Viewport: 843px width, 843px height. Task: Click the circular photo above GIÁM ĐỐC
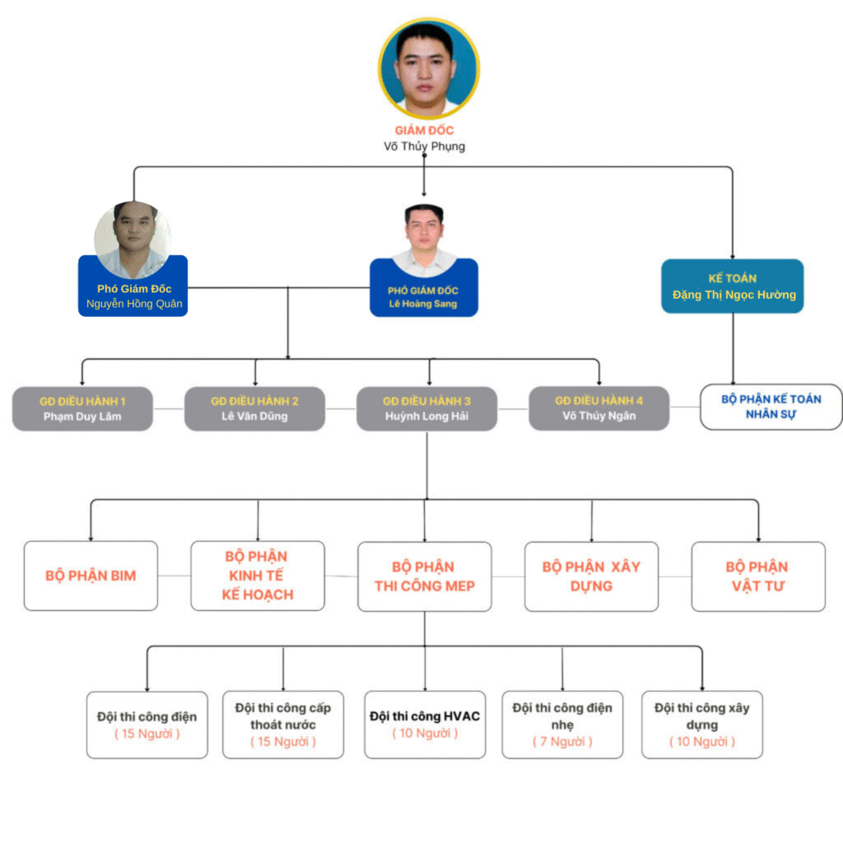[x=428, y=67]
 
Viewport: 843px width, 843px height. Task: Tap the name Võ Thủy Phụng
[x=424, y=147]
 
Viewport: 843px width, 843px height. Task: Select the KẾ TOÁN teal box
[x=732, y=286]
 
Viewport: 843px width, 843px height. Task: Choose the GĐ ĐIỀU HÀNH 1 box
[x=82, y=408]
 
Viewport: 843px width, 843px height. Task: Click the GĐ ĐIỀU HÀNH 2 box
[x=254, y=408]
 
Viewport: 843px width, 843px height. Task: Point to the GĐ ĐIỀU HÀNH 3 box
[x=426, y=408]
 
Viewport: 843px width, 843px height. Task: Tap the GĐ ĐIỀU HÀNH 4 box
[x=598, y=408]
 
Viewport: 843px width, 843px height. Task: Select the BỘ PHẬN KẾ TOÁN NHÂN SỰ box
[x=771, y=407]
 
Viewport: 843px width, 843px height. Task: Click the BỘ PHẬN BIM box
[x=91, y=575]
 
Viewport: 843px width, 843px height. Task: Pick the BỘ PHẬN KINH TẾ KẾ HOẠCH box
[x=258, y=575]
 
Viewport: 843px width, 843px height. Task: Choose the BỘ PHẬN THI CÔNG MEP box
[x=425, y=575]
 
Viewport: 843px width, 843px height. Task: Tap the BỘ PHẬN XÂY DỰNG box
[x=591, y=576]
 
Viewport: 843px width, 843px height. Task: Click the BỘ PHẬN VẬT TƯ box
[x=758, y=576]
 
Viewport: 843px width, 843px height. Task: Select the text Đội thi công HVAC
[x=425, y=716]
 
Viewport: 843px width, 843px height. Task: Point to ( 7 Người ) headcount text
[x=562, y=742]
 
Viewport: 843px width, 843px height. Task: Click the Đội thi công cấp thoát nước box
[x=283, y=724]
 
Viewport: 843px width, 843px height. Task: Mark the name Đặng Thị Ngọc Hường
[x=734, y=295]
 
